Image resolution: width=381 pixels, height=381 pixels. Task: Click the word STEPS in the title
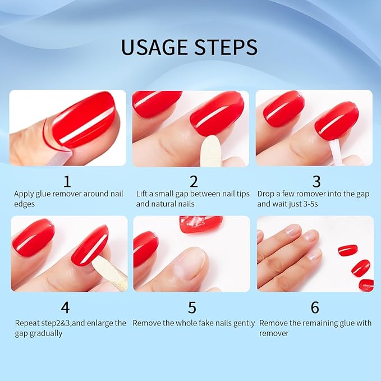(226, 47)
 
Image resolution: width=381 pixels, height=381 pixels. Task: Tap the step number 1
(67, 181)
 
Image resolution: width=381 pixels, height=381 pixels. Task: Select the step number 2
(194, 181)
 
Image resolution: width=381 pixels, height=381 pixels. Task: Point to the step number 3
(316, 181)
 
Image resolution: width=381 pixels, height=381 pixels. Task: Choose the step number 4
(66, 307)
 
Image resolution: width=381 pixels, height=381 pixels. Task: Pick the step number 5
(192, 307)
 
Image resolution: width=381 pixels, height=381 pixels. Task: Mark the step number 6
(315, 307)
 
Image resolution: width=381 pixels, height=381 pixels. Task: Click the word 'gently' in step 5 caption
(243, 323)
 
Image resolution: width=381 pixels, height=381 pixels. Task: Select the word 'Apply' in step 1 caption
(24, 194)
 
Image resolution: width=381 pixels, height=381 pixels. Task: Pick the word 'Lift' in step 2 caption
(142, 194)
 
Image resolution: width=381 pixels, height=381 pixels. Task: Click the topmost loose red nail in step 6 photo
(348, 250)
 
